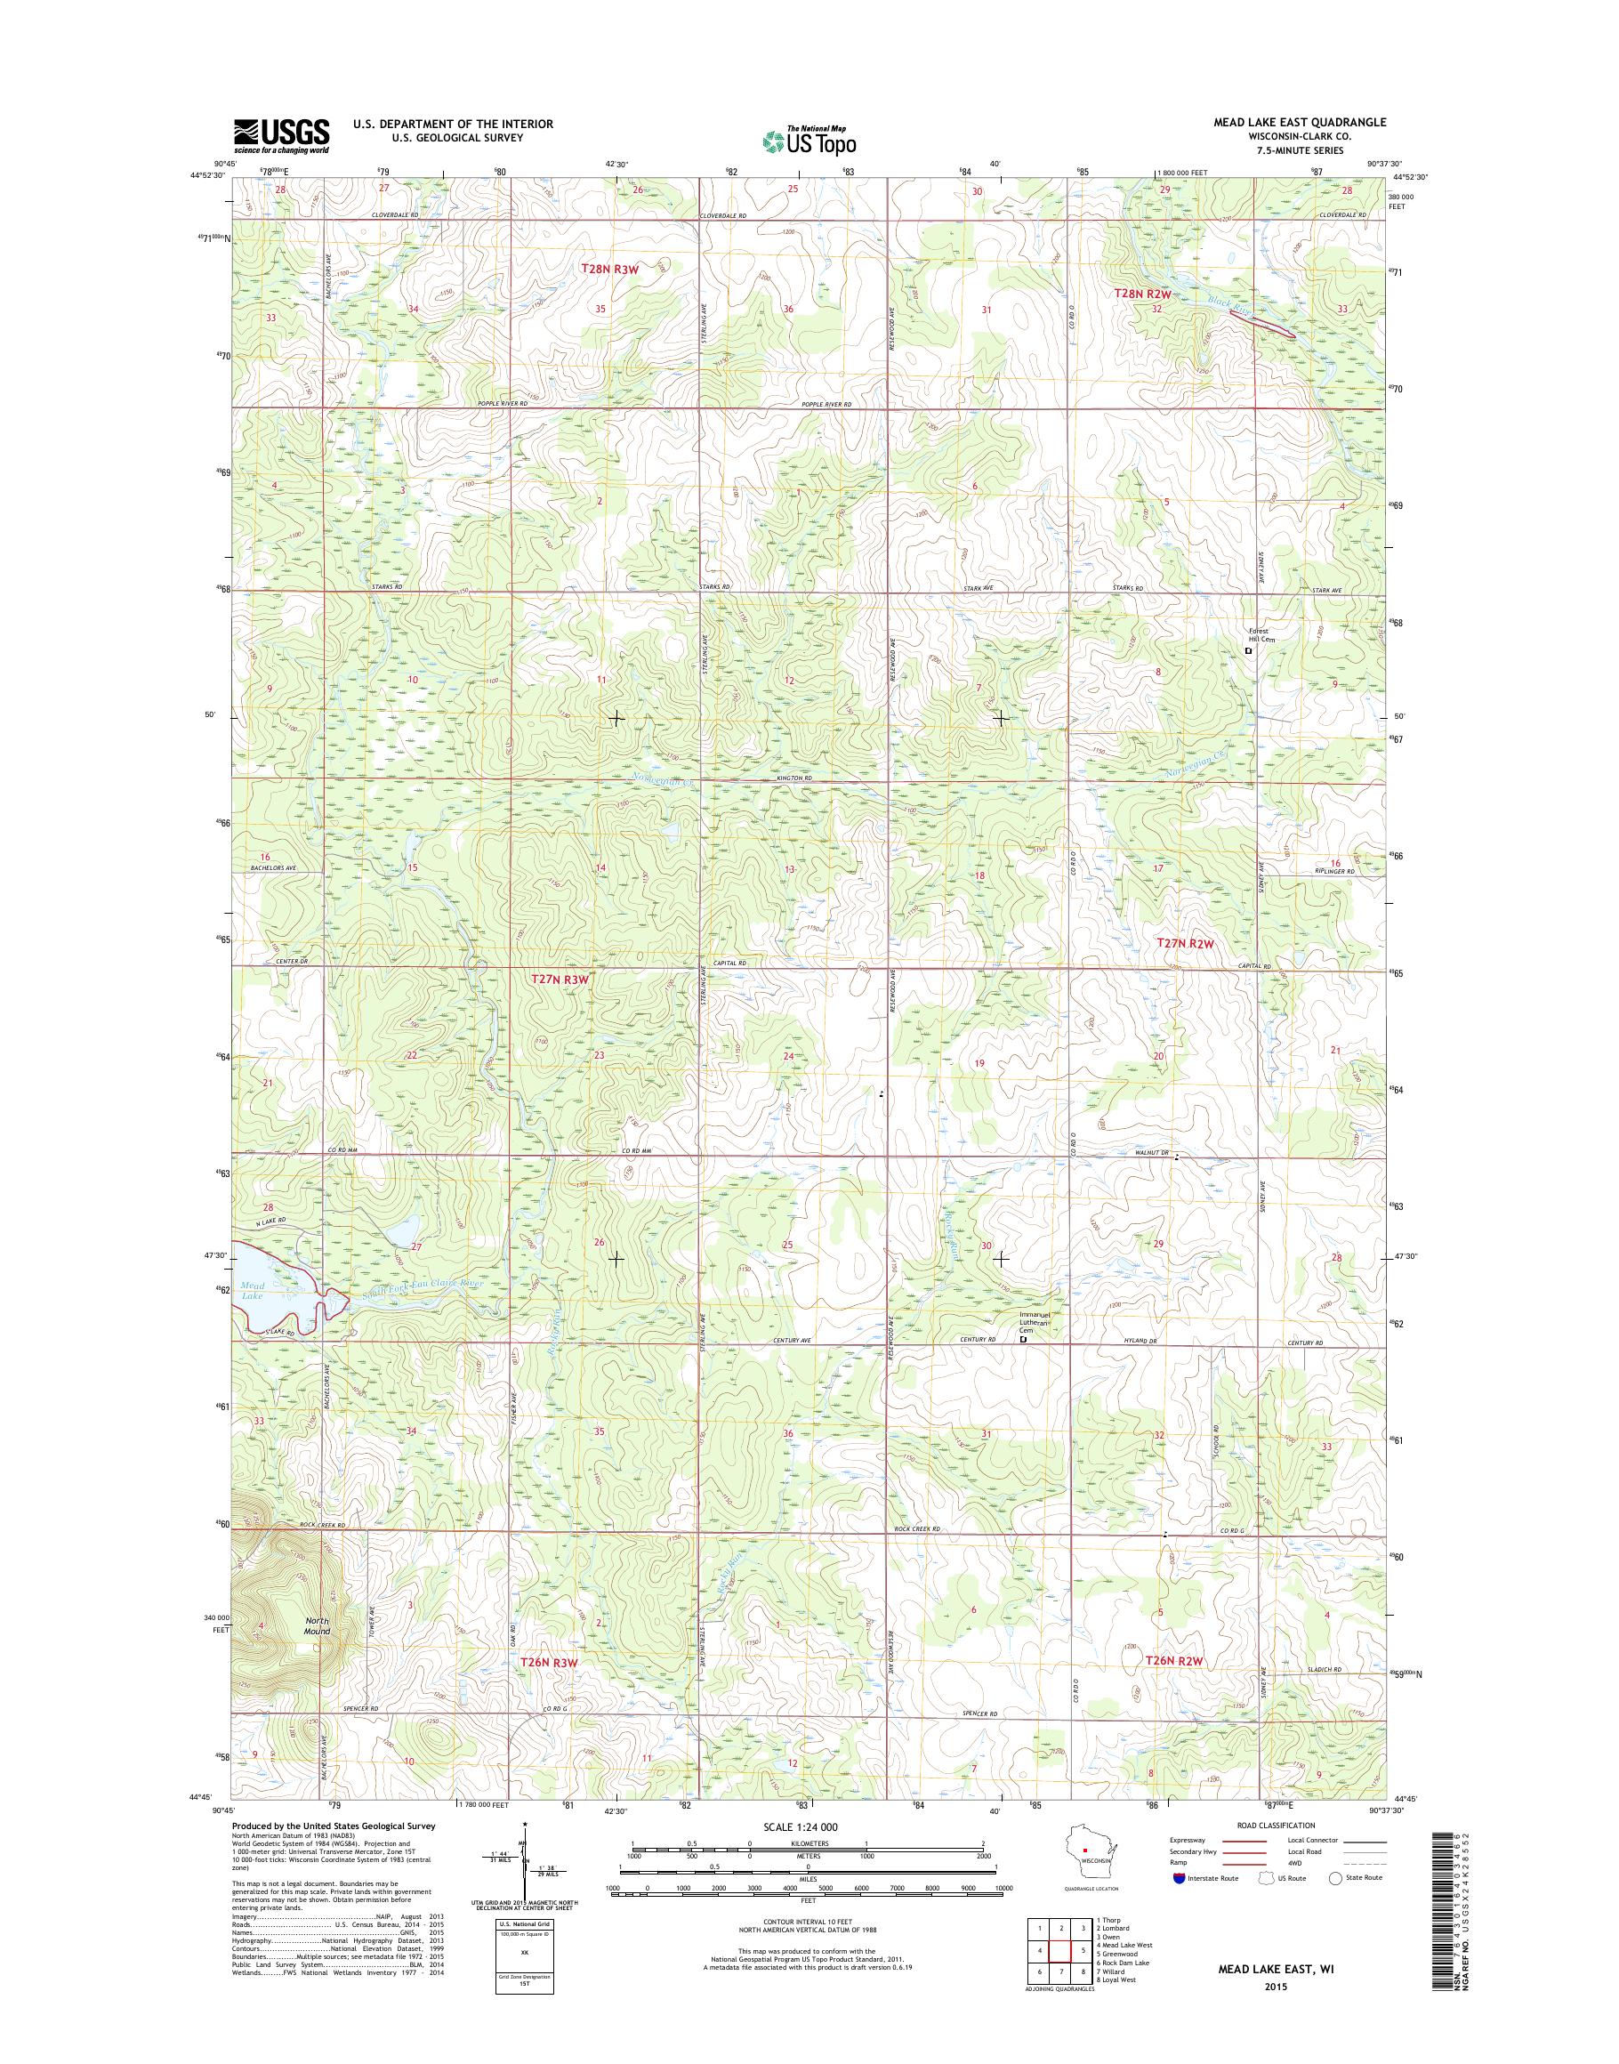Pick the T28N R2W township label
click(1142, 294)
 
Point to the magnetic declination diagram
click(523, 1887)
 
